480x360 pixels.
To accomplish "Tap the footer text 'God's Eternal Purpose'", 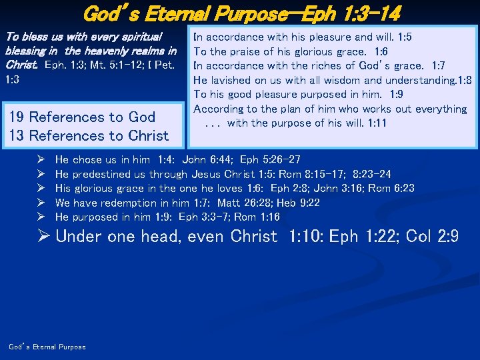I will click(47, 347).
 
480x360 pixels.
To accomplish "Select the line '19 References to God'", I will click(81, 117).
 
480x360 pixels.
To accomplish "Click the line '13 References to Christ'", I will click(89, 135).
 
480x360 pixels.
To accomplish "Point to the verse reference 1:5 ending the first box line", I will click(404, 37).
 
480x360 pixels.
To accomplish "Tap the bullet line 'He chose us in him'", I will click(102, 159).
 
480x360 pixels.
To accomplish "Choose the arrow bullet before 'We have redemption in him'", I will click(41, 203).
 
